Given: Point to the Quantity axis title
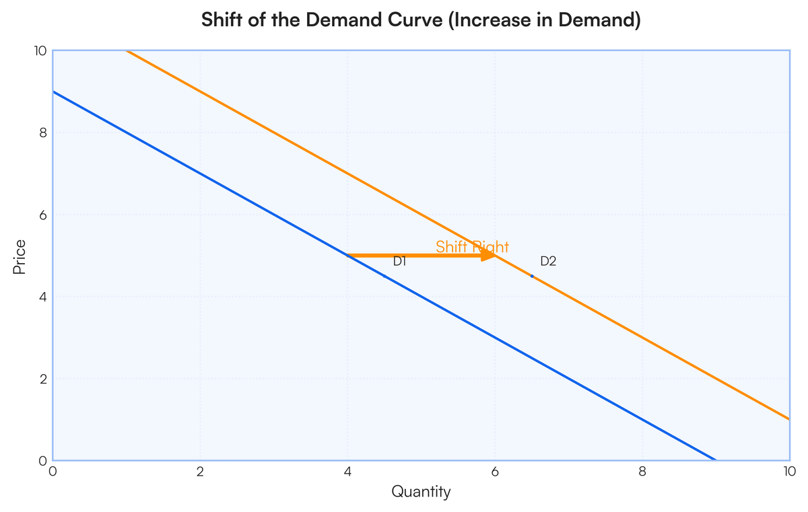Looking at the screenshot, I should click(x=421, y=492).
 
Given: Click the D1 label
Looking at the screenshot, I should click(x=400, y=261).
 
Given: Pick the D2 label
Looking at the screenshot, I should click(x=548, y=261).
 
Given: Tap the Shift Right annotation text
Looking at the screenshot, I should click(x=471, y=247).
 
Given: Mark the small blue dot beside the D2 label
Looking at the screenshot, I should click(x=532, y=277).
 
